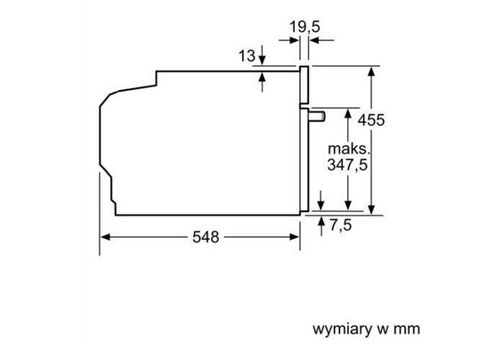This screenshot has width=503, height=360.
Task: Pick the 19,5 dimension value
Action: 304,28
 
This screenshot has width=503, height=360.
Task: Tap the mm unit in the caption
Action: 406,329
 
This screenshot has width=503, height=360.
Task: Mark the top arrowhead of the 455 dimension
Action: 371,72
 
